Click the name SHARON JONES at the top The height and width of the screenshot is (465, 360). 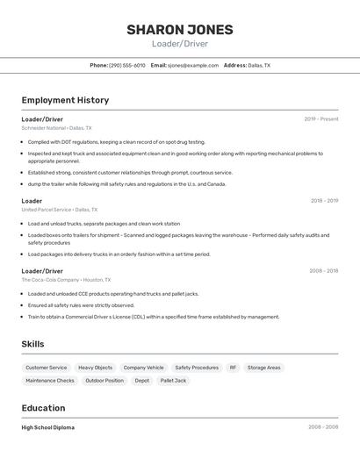(179, 29)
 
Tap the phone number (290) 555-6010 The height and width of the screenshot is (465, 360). (127, 65)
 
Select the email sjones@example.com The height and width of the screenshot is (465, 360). (192, 65)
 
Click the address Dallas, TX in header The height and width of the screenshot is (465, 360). (259, 65)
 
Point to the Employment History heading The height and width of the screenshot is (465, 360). (65, 100)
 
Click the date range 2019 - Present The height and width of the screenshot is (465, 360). (320, 118)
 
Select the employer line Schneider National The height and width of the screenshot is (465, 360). (56, 128)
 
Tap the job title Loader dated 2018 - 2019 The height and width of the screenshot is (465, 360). (32, 201)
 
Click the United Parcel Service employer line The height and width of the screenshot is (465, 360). (60, 211)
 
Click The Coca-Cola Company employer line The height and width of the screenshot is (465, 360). (69, 280)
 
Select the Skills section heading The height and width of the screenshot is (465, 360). (32, 344)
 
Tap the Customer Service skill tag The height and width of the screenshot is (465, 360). (46, 368)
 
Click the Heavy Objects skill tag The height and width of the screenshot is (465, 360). (95, 368)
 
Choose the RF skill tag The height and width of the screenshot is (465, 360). (233, 368)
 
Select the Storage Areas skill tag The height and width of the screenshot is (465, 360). (263, 368)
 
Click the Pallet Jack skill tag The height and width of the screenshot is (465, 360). (173, 381)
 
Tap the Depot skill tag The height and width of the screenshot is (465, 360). (141, 381)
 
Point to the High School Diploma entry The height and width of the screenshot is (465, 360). (48, 427)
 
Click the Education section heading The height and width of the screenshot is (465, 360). (43, 408)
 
